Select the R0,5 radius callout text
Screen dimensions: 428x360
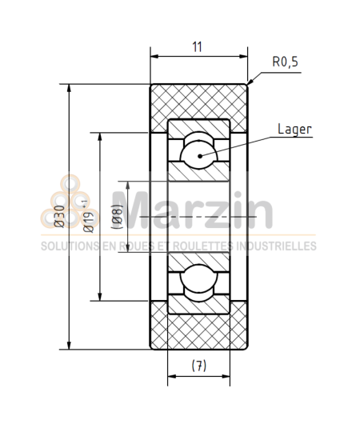click(x=285, y=62)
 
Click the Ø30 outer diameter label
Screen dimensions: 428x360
click(x=59, y=216)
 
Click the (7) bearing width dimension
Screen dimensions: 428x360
click(x=199, y=366)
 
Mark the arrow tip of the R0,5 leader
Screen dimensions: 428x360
click(x=250, y=84)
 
